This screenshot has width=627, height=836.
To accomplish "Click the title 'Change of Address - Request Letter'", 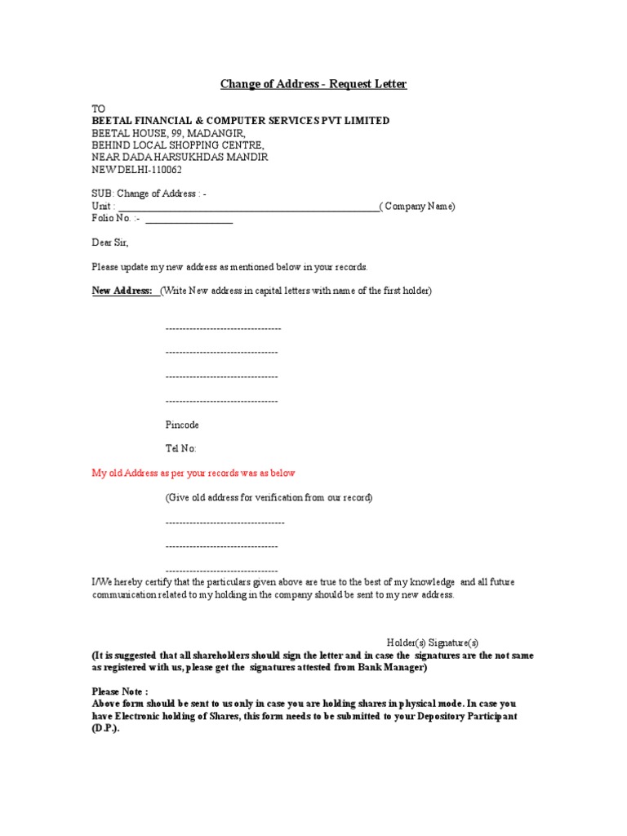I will pyautogui.click(x=313, y=84).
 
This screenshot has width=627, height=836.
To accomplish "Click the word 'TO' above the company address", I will pyautogui.click(x=99, y=109).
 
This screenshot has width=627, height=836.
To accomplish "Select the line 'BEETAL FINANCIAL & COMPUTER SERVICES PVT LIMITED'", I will pyautogui.click(x=240, y=121).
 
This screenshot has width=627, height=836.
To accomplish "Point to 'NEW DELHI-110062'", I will pyautogui.click(x=136, y=170).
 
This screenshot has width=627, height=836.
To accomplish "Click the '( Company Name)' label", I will pyautogui.click(x=417, y=207).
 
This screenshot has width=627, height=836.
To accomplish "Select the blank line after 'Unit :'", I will pyautogui.click(x=248, y=207).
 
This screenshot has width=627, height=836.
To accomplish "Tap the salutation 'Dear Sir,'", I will pyautogui.click(x=109, y=242).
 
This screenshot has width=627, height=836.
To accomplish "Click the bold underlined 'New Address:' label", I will pyautogui.click(x=122, y=291).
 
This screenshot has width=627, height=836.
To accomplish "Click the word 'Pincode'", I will pyautogui.click(x=182, y=425).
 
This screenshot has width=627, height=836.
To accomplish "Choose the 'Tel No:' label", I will pyautogui.click(x=180, y=448).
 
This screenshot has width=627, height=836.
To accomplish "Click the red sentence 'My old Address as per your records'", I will pyautogui.click(x=193, y=473).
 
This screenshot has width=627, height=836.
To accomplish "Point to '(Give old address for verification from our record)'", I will pyautogui.click(x=269, y=497).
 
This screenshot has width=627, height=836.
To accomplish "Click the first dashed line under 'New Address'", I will pyautogui.click(x=223, y=327).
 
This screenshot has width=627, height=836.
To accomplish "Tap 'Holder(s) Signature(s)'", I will pyautogui.click(x=439, y=643).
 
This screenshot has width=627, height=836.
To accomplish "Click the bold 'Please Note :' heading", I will pyautogui.click(x=120, y=691).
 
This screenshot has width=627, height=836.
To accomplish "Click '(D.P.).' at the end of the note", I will pyautogui.click(x=105, y=728).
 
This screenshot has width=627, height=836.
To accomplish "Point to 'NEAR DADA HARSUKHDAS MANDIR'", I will pyautogui.click(x=180, y=158).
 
